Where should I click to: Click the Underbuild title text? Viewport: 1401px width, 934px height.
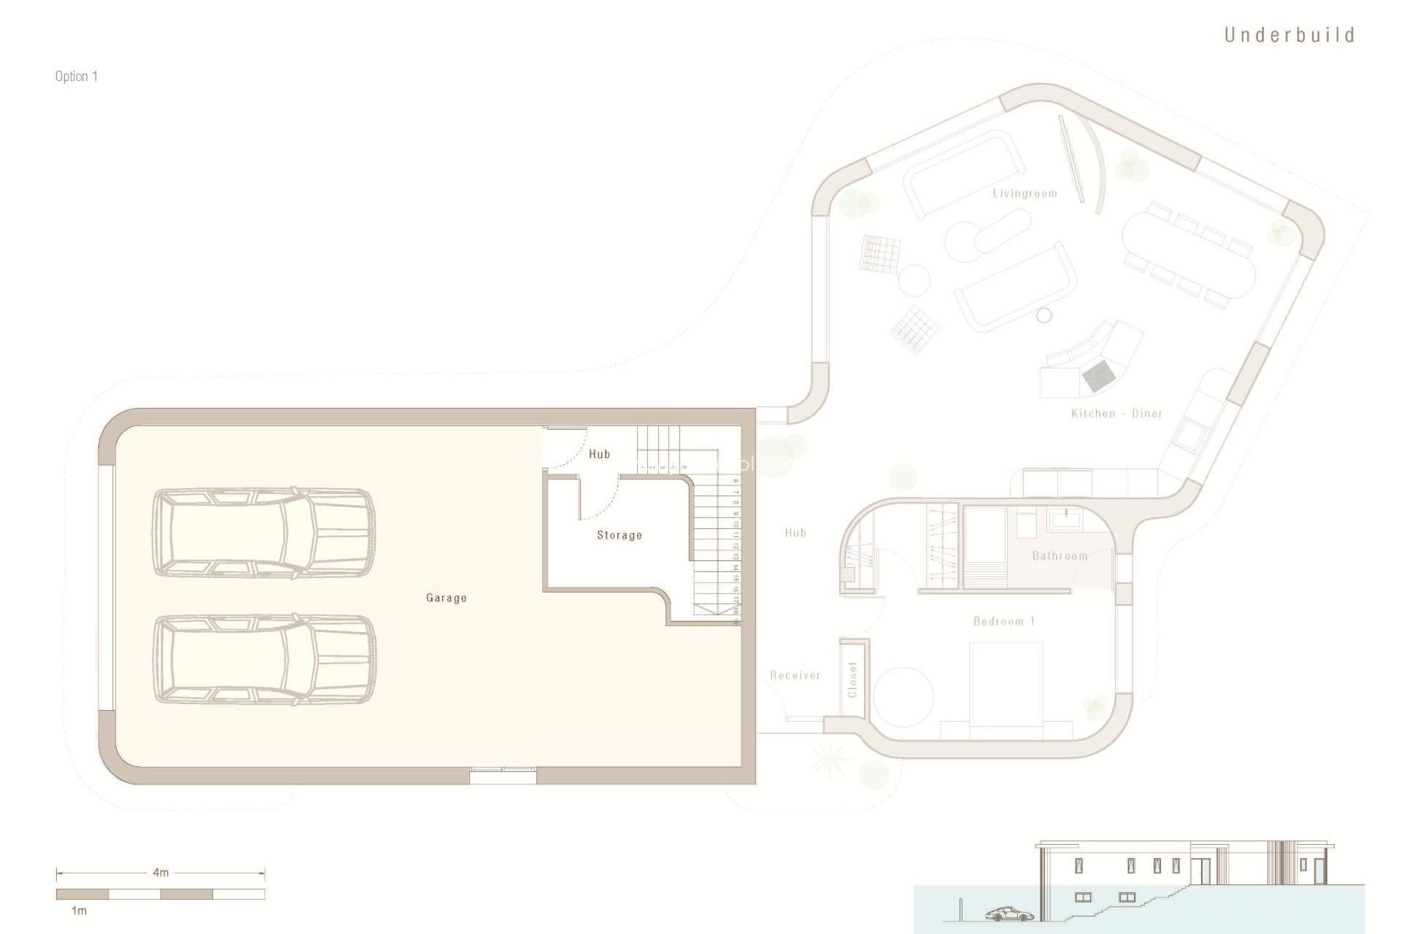click(x=1289, y=35)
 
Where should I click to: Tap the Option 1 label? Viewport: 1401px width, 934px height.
click(x=76, y=77)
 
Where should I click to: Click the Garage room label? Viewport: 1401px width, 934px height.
click(x=446, y=598)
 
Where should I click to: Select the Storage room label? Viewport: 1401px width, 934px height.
click(x=620, y=535)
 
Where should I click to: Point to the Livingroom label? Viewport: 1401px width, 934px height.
click(x=1024, y=193)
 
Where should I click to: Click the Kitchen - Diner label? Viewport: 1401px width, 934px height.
click(x=1116, y=414)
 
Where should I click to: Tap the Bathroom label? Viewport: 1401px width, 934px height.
click(x=1060, y=556)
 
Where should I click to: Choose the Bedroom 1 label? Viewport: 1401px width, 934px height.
click(x=1004, y=622)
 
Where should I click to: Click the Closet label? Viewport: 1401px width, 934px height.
click(x=852, y=679)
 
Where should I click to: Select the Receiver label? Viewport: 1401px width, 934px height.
click(x=795, y=676)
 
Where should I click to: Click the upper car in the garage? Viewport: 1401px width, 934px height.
click(x=263, y=533)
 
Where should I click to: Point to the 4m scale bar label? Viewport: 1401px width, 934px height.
click(x=161, y=872)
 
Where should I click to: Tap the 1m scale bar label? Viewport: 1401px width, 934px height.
click(x=79, y=911)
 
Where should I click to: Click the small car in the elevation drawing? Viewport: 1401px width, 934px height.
click(x=1009, y=914)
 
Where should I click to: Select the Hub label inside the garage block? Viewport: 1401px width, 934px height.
click(x=599, y=454)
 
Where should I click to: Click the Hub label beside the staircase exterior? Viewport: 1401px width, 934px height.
click(x=795, y=533)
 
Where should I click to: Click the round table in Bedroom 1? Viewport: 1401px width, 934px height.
click(x=904, y=696)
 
